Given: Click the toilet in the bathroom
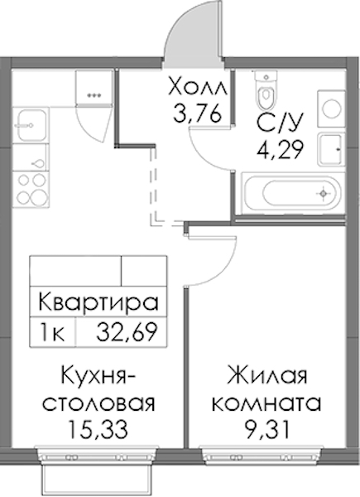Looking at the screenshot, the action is click(266, 89).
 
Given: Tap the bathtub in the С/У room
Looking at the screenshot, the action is click(290, 193).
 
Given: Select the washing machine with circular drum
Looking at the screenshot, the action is click(331, 109).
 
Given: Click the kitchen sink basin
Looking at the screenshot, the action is click(31, 125).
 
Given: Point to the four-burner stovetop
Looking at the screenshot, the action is click(31, 190).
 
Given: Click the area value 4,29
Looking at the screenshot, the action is click(281, 150).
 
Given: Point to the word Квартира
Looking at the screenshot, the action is click(98, 302).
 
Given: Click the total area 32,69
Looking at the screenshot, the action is click(127, 332).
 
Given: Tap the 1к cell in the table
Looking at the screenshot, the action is click(51, 333).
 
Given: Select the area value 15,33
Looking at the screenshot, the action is click(98, 430).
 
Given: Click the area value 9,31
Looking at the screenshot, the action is click(267, 430).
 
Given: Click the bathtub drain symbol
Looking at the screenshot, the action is click(323, 193).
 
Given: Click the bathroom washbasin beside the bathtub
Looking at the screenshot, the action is click(330, 149).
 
